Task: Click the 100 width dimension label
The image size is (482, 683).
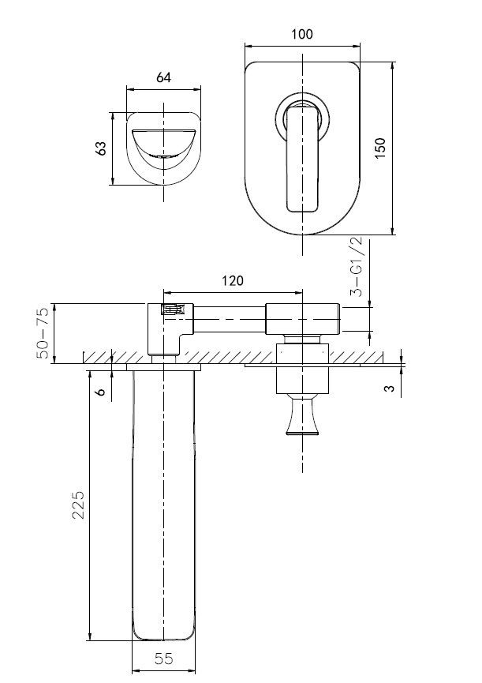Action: tap(302, 34)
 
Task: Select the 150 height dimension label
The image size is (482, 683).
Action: tap(380, 148)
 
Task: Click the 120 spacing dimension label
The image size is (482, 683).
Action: tap(232, 281)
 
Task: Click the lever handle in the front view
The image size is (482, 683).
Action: tap(303, 162)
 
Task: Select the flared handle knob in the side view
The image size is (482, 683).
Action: tap(303, 417)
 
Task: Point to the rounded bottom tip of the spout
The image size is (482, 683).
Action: tap(163, 635)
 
